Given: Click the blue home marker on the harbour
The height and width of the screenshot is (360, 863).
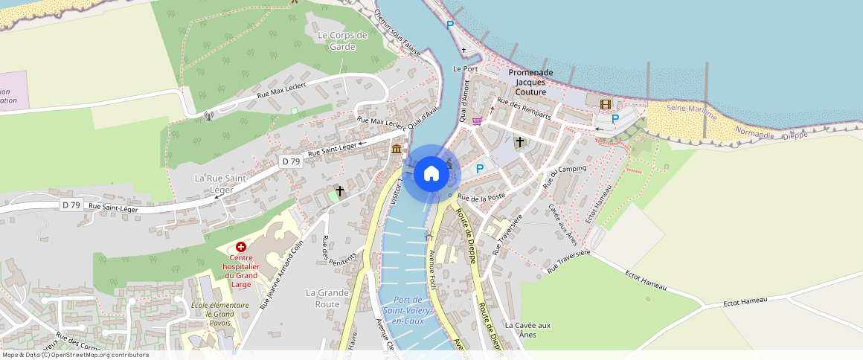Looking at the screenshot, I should (431, 174).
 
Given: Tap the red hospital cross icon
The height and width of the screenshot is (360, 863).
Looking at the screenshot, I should (240, 246).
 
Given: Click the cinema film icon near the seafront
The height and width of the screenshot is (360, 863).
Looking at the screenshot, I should (605, 104).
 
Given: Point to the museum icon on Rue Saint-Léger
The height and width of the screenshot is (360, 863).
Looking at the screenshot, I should (397, 150).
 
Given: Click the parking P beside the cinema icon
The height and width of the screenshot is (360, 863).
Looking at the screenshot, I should (615, 119).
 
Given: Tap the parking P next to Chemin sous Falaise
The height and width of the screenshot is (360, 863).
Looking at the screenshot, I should (449, 25).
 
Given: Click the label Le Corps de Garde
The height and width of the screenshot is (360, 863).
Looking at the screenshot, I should (342, 41).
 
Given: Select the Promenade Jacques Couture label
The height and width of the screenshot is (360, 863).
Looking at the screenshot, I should (531, 82).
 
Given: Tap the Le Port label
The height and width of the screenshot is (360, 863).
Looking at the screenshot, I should (465, 68).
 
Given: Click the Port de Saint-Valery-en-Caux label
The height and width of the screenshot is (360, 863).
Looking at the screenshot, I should (404, 309).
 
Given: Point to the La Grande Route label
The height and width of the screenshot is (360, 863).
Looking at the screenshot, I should (327, 298).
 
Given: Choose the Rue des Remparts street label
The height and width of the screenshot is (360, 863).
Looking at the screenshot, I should (524, 109).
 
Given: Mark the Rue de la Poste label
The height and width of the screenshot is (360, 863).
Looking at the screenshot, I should (481, 197).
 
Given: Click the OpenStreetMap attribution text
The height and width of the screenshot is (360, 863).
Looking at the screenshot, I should (75, 355).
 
